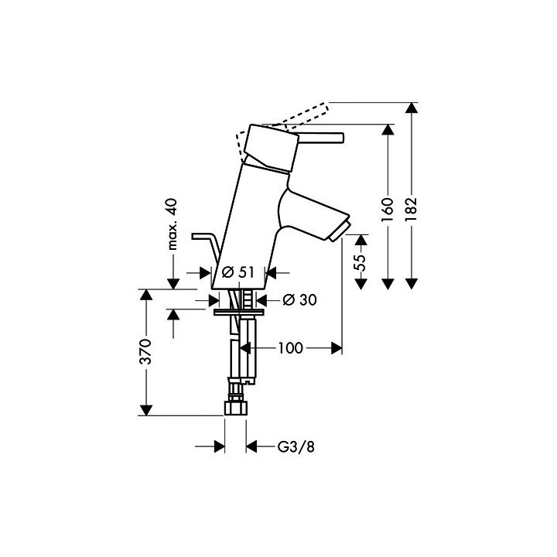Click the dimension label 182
412,209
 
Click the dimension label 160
388,210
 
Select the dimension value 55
361,262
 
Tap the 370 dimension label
145,352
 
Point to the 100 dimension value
290,348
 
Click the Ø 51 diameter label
238,272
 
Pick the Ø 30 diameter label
300,300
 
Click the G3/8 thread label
296,447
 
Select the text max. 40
173,224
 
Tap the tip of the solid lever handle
343,138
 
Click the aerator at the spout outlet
340,231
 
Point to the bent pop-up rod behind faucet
205,249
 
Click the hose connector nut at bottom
235,408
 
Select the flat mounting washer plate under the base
238,312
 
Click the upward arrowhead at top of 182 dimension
412,108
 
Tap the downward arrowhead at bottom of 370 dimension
145,410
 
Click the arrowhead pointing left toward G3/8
251,446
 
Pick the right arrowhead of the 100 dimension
337,348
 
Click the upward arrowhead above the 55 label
361,240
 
